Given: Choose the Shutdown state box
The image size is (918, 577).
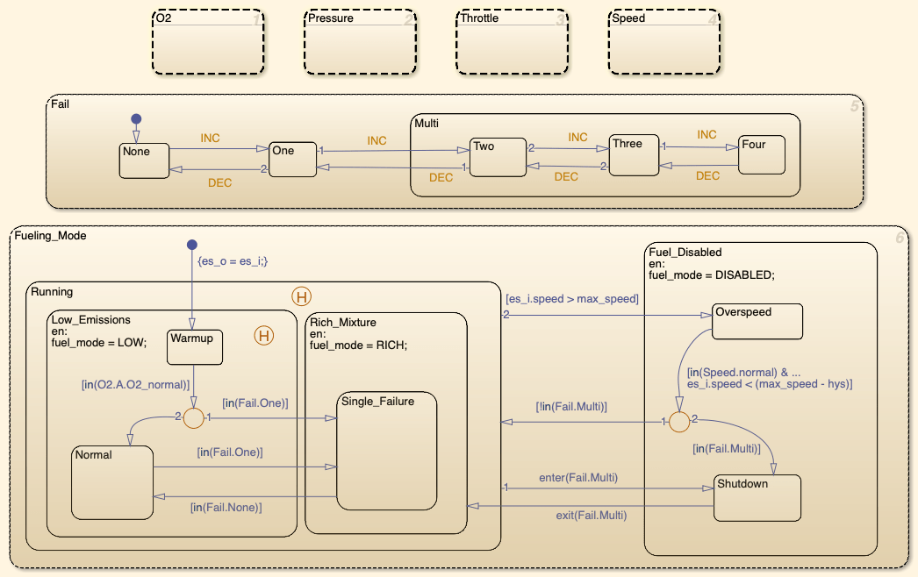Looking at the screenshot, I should pos(757,497).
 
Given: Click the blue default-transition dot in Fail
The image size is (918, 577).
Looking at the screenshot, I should pos(136,119).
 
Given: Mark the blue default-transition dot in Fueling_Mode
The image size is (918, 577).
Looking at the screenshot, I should pos(192,245).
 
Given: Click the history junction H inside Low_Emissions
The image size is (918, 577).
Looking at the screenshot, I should pos(262,334).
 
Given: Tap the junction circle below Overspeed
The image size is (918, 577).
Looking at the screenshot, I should pos(678,423).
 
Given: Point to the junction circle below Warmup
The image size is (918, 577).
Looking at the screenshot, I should pos(193,419).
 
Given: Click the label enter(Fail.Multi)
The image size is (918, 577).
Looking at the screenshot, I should pos(578,478).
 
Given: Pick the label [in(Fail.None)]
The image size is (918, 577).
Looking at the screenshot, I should pos(226,507).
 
